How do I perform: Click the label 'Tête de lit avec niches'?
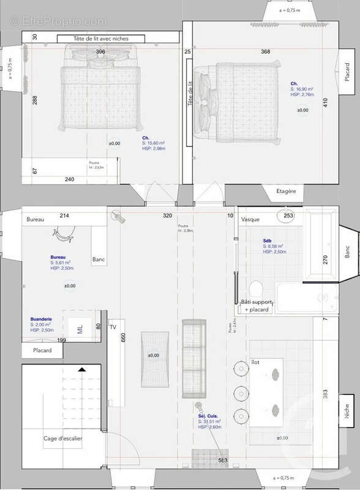[102, 39]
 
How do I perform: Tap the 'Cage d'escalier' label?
[62, 439]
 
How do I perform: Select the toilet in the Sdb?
[257, 288]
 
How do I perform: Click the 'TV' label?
[113, 328]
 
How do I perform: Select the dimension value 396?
[101, 52]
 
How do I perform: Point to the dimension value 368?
[265, 52]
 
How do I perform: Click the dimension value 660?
[123, 338]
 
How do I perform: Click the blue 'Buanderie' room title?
[42, 320]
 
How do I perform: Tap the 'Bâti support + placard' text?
[257, 306]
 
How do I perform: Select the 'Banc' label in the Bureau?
[98, 259]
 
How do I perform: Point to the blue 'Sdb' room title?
[267, 241]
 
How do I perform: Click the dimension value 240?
[69, 179]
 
